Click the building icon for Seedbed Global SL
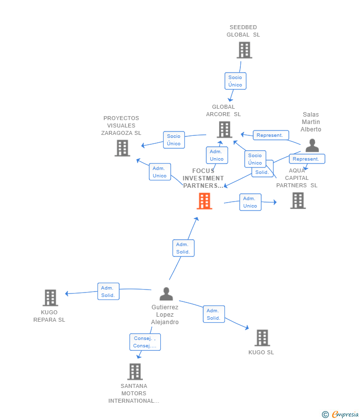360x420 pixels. click(x=244, y=50)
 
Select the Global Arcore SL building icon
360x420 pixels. click(x=225, y=129)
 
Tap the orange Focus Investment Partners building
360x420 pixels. click(x=204, y=201)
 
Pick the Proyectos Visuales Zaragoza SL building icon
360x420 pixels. click(x=122, y=148)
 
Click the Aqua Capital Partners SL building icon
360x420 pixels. click(x=298, y=201)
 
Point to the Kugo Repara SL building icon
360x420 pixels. click(x=50, y=298)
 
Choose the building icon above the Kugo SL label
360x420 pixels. click(x=262, y=338)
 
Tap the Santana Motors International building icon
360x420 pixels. click(x=135, y=372)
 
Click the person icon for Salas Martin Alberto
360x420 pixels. click(x=312, y=145)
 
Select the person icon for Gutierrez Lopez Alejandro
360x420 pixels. click(x=166, y=294)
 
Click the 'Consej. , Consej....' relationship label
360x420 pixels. click(x=145, y=342)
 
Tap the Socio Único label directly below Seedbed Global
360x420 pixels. click(x=235, y=81)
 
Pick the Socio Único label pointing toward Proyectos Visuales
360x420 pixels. click(x=174, y=140)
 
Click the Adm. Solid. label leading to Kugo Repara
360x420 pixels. click(x=108, y=292)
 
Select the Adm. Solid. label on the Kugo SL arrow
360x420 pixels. click(x=214, y=314)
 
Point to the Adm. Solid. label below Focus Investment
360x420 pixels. click(x=183, y=248)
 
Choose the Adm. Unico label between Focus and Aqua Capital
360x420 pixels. click(x=250, y=202)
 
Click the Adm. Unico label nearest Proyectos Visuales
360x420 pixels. click(x=160, y=172)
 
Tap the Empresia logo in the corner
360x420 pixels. click(x=340, y=414)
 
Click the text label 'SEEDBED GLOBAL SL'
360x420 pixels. click(x=243, y=31)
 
